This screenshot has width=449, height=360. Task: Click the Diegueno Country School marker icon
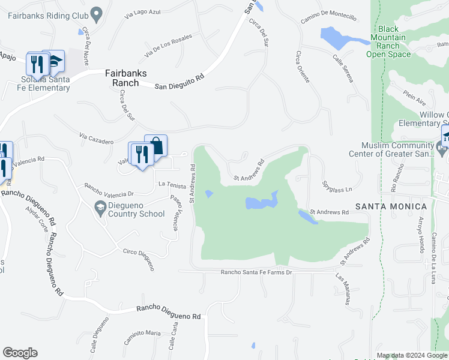[100, 208]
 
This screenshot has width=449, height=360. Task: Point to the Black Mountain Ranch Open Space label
[388, 41]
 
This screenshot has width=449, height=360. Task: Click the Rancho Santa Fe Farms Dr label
[247, 273]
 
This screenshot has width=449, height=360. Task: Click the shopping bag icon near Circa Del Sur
[156, 146]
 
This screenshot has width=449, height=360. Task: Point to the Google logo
[20, 353]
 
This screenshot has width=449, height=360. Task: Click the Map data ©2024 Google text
[412, 356]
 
